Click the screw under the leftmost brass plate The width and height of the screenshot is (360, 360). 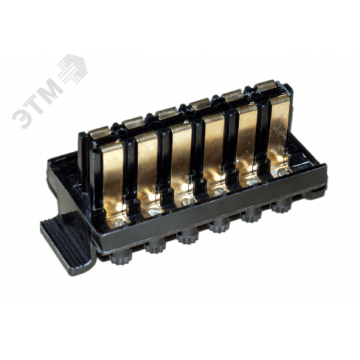coord(119,222)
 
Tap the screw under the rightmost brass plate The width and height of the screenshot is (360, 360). coord(282,171)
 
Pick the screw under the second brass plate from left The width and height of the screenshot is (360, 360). coord(153,212)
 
